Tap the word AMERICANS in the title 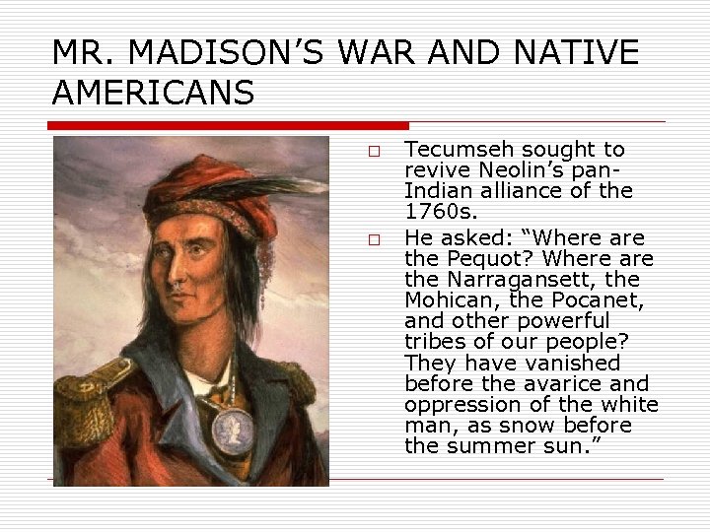153,93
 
